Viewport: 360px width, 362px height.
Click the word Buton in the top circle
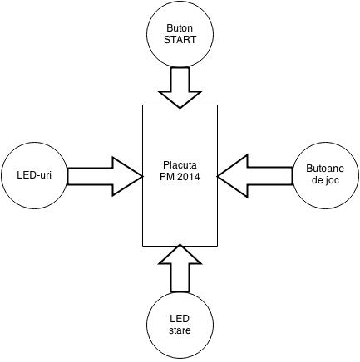(x=180, y=28)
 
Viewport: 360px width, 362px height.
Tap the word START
(x=180, y=40)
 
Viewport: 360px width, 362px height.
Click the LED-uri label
(x=34, y=175)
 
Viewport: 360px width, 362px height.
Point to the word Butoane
(x=325, y=169)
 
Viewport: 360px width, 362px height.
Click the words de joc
(x=325, y=180)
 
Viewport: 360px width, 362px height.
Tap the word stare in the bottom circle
(x=180, y=330)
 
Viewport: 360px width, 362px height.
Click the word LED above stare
(x=180, y=319)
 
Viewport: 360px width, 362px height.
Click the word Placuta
(x=180, y=165)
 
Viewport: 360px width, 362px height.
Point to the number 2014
(x=189, y=177)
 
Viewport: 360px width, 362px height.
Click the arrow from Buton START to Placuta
(x=180, y=87)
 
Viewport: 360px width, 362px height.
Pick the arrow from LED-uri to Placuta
(x=105, y=176)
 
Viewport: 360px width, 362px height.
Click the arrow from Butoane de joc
(x=255, y=176)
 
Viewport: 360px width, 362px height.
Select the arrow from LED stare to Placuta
(x=180, y=268)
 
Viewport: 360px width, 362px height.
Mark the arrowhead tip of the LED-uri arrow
(x=142, y=176)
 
